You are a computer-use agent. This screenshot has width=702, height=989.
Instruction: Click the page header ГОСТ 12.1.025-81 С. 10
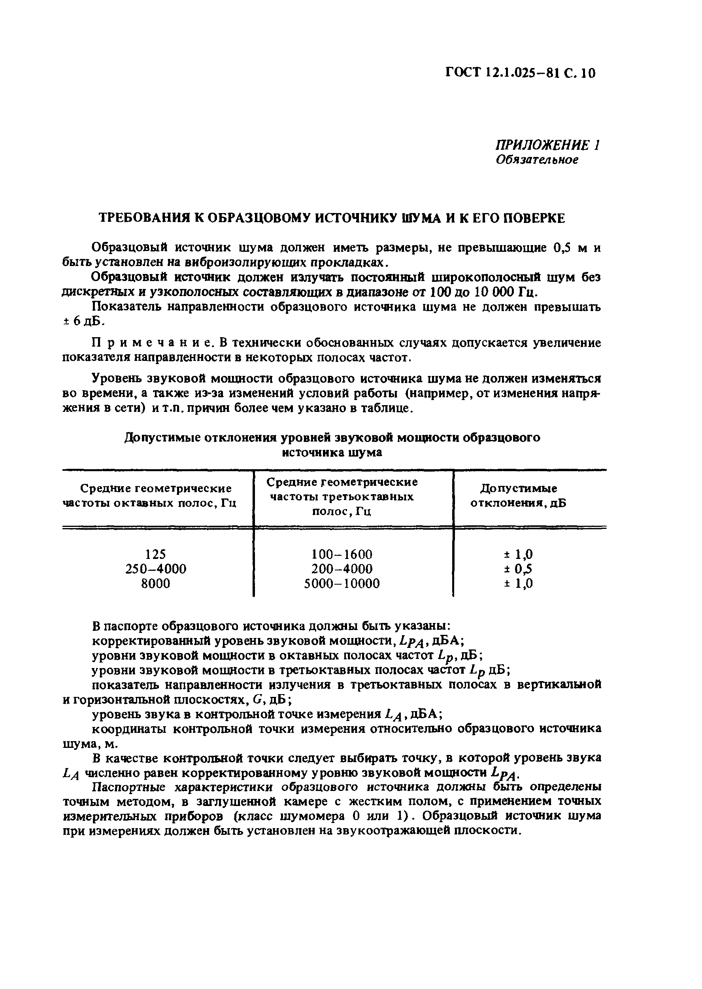[x=520, y=73]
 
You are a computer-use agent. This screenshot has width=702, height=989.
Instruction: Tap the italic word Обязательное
[x=536, y=160]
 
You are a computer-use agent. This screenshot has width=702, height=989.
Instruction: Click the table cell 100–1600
[x=342, y=554]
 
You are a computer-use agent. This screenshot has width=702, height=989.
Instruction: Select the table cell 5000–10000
[x=342, y=583]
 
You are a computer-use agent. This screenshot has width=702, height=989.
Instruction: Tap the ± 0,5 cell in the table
[x=518, y=569]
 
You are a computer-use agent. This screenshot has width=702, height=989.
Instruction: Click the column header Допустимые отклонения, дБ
[x=518, y=496]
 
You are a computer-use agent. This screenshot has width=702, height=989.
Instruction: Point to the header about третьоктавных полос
[x=342, y=496]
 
